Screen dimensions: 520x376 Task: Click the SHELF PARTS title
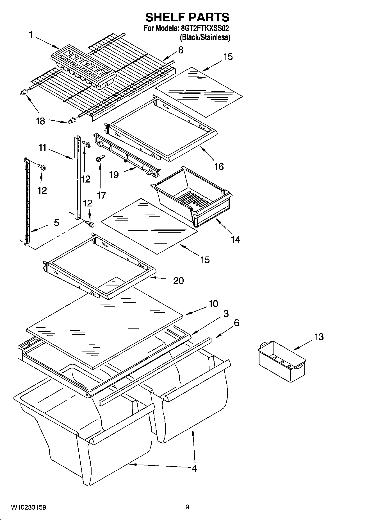(x=187, y=17)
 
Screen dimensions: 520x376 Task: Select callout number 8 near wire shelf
(x=181, y=50)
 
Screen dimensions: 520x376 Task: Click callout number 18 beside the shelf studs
(x=40, y=121)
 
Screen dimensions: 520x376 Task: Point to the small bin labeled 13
(x=281, y=361)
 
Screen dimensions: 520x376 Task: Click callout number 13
(x=319, y=337)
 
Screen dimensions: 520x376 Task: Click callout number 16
(x=219, y=166)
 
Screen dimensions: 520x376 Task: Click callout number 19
(x=114, y=175)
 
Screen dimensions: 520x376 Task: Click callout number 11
(x=42, y=147)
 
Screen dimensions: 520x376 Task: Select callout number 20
(x=178, y=280)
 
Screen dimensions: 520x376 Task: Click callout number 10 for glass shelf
(x=213, y=304)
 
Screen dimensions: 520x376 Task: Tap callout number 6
(x=236, y=323)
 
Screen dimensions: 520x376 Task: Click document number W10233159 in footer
(x=29, y=507)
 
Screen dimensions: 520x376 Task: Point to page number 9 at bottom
(x=187, y=507)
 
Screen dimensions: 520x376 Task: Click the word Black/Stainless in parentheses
(x=205, y=37)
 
